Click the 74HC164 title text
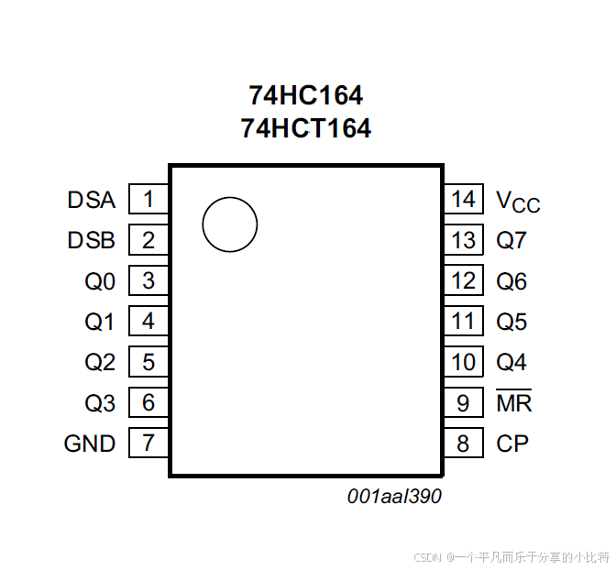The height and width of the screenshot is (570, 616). pos(305,95)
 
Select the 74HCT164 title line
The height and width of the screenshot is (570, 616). pos(305,128)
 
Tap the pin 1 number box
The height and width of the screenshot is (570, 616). pos(148,199)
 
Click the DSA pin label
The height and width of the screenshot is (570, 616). pos(92,200)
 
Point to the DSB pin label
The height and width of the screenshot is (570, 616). pos(91,240)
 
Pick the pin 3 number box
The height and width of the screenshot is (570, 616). pos(148,280)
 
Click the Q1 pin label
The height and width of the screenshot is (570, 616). pos(99,322)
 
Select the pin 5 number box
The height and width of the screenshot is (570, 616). pos(148,361)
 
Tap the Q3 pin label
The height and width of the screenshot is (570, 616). pos(100,403)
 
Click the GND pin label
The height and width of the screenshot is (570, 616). pos(90,444)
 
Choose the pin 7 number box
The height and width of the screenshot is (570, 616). pos(148,443)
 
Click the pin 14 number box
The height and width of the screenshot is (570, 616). pos(464,199)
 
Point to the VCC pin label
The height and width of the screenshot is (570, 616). pos(518,202)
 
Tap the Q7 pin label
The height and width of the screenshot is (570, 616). pos(511,240)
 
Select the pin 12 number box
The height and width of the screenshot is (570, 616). pos(464,280)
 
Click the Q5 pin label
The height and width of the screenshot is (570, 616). pos(511,322)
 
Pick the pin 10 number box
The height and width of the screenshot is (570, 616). pos(464,361)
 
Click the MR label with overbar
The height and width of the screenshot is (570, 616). pos(514,400)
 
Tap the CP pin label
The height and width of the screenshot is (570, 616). pos(512,444)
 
